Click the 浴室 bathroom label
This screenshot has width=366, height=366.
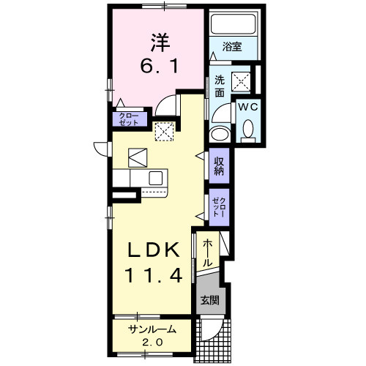coord(234,47)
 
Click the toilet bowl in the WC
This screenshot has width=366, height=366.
coord(247,130)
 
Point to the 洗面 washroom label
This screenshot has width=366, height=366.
coord(219,87)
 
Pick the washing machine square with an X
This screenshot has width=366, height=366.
coord(242,81)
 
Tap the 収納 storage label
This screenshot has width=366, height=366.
coord(219,165)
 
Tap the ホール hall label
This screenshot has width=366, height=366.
coord(208,251)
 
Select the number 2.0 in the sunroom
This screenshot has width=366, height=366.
coord(152,343)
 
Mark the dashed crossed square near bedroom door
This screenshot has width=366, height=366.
coord(165,131)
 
